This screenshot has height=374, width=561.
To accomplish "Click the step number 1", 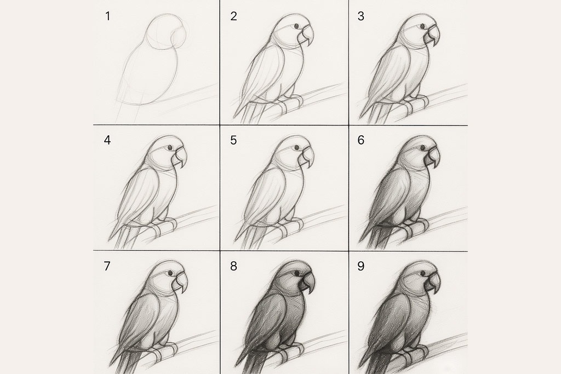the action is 108,16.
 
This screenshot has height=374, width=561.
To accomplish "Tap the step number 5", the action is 233,140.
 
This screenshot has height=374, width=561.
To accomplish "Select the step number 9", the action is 360,266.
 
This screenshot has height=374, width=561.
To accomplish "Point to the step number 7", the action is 107,266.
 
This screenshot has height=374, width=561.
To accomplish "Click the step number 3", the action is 360,16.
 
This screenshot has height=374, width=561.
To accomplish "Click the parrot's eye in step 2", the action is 296,26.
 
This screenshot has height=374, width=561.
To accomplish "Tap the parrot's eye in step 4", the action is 170,147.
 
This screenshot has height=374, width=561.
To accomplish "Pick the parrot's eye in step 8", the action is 297,274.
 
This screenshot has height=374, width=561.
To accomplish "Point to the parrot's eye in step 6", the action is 422,147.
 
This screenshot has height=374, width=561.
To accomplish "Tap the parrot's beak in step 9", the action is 432,283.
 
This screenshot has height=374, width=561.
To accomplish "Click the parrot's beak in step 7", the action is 180,283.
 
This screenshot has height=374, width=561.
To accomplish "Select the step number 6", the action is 360,140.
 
